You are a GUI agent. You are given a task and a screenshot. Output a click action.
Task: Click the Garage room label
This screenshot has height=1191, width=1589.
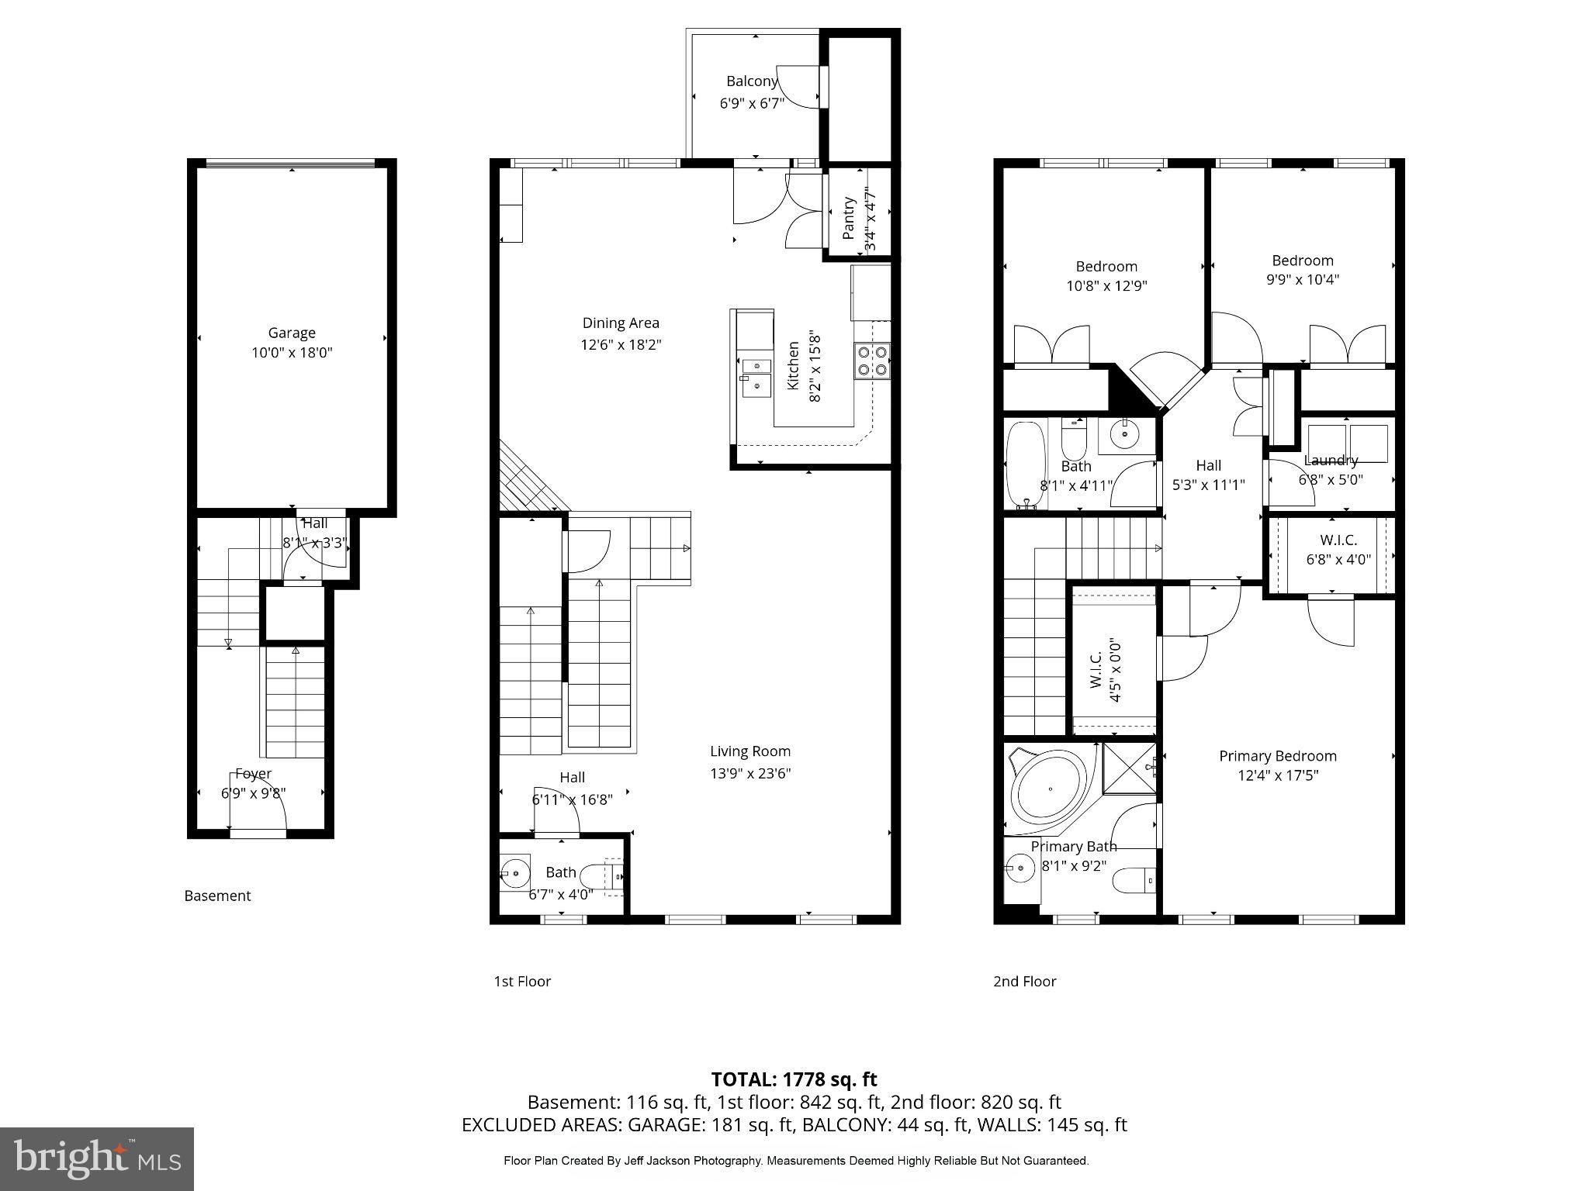point(292,333)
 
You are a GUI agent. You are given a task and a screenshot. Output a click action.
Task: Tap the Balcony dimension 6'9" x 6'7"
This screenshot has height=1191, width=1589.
point(752,102)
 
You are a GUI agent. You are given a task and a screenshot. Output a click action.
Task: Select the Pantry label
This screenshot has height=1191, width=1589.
point(849,218)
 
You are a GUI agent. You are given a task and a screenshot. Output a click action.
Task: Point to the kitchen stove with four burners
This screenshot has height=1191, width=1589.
point(872,361)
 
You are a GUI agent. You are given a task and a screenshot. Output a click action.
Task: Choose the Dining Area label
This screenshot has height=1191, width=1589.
point(621,323)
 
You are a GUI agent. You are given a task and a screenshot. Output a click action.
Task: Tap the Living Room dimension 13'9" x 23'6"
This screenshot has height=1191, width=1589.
point(749,773)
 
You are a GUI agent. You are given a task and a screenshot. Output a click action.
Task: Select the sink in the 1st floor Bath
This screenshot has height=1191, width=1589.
point(514,874)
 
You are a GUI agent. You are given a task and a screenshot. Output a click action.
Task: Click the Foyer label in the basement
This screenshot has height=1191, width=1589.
point(254,773)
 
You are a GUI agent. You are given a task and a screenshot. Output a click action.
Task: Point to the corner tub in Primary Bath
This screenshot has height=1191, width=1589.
point(1048,789)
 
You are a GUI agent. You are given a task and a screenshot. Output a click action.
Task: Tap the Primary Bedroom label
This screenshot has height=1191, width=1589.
point(1277,756)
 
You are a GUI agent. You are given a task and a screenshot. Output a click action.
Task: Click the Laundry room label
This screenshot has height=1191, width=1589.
point(1331,461)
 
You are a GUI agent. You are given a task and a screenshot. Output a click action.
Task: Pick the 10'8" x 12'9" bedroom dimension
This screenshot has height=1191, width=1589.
point(1106,285)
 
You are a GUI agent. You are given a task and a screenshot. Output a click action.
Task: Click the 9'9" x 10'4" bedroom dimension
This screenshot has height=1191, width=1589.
point(1302,279)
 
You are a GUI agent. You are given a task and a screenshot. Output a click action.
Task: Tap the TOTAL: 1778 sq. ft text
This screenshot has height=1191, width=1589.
point(794,1079)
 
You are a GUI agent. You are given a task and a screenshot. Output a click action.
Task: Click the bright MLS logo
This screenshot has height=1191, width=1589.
point(97,1159)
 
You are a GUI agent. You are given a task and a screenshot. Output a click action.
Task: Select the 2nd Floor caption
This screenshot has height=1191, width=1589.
point(1024,981)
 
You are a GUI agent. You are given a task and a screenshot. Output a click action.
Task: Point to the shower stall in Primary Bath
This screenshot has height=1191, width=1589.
point(1129,768)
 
